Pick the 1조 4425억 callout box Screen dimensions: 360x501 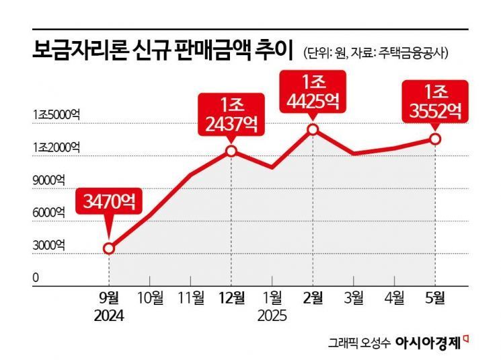[x=313, y=92]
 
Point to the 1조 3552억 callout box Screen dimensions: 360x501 [x=435, y=102]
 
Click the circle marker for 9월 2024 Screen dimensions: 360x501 [x=109, y=248]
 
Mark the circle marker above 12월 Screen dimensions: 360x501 [x=231, y=151]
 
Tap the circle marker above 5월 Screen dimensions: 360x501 [x=435, y=139]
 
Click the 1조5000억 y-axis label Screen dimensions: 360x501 [x=56, y=115]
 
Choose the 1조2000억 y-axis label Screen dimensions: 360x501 [x=56, y=147]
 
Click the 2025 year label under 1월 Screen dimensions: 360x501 [x=272, y=314]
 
